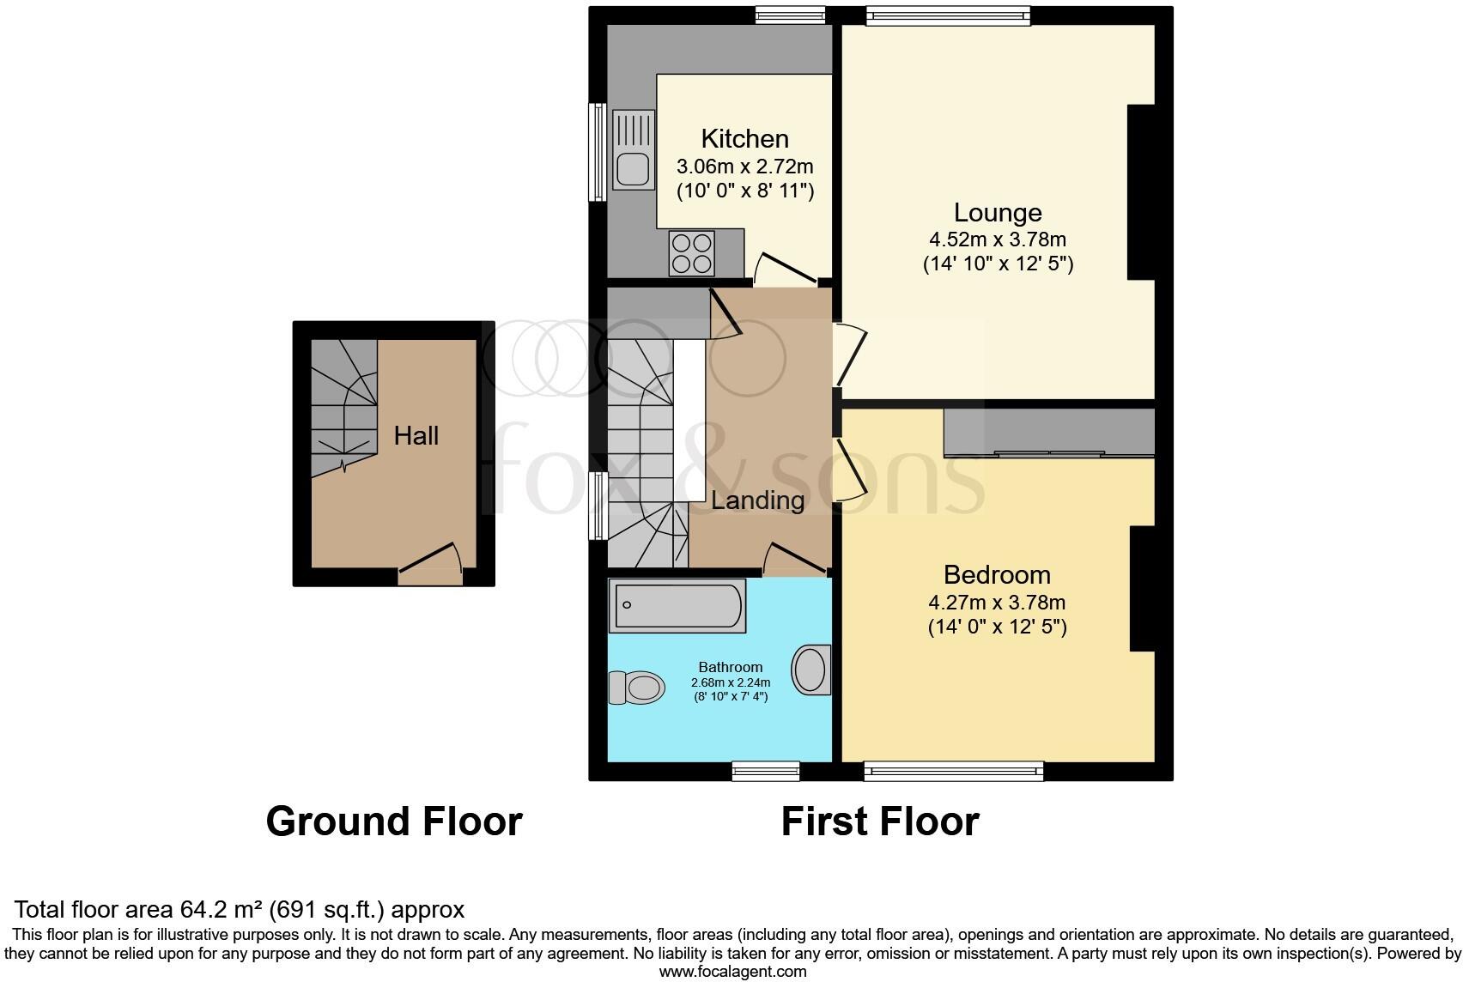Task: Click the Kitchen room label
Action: [x=744, y=138]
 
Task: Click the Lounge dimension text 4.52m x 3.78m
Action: [x=997, y=239]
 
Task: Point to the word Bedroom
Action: [x=997, y=574]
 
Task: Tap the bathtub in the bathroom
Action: [x=677, y=606]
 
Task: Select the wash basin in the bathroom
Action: [x=810, y=670]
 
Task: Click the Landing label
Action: [x=757, y=500]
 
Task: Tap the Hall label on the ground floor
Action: [x=416, y=435]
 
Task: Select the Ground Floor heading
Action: [x=394, y=821]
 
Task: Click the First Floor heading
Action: [x=880, y=821]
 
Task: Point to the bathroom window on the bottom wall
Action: [x=766, y=771]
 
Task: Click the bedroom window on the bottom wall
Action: [x=953, y=771]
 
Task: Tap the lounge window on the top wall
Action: [x=948, y=15]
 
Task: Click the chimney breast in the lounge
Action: [x=1141, y=191]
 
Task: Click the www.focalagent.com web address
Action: [x=732, y=972]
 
